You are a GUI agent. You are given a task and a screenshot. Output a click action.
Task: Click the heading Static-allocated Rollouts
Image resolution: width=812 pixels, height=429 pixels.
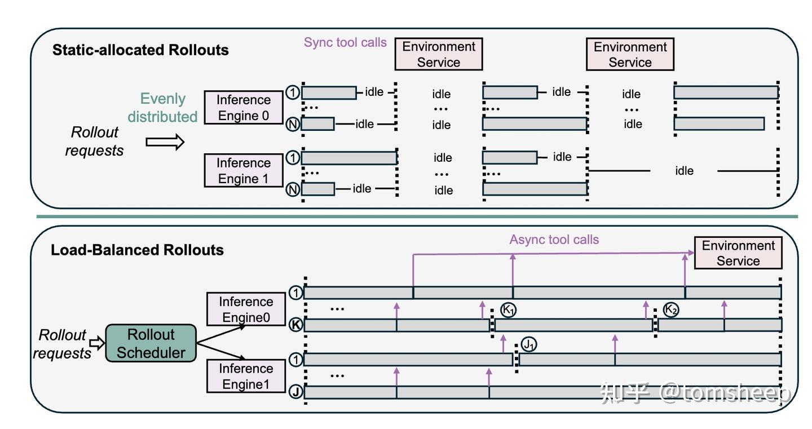tap(140, 50)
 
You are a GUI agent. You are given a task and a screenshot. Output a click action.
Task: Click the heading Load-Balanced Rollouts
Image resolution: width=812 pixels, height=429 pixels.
tap(137, 250)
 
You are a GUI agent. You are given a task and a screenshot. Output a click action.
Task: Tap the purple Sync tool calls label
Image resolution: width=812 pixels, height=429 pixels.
tap(345, 42)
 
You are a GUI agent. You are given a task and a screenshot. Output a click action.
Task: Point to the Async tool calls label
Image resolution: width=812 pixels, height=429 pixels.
tap(554, 240)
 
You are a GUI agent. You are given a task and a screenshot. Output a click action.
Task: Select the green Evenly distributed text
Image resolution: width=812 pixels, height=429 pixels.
tap(162, 108)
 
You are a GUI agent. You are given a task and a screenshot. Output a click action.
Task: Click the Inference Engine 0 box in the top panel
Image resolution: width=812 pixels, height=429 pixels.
tap(244, 108)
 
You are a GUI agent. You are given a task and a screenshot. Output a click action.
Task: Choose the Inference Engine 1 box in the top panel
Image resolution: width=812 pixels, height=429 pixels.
tap(244, 171)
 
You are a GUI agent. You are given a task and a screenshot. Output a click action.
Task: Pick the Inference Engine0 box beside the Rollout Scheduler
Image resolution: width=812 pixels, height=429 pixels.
tap(246, 309)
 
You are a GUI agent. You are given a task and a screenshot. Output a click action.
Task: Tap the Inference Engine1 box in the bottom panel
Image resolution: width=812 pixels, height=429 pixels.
tap(246, 377)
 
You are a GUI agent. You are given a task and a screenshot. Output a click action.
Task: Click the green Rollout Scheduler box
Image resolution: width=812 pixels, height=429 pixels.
tap(151, 343)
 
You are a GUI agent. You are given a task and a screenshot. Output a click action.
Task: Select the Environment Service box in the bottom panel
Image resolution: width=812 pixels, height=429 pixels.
tap(738, 253)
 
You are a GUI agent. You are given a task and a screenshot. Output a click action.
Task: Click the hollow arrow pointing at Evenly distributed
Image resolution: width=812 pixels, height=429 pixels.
tap(165, 142)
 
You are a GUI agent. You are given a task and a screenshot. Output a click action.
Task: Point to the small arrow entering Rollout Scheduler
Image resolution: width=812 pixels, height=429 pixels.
tap(98, 342)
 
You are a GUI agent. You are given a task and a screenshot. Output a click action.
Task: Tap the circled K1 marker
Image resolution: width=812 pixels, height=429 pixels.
tap(509, 310)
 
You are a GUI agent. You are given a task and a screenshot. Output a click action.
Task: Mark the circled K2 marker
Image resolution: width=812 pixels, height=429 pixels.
tap(670, 309)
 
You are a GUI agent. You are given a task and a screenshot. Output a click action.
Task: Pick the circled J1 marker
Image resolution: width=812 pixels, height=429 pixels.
tap(528, 344)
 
